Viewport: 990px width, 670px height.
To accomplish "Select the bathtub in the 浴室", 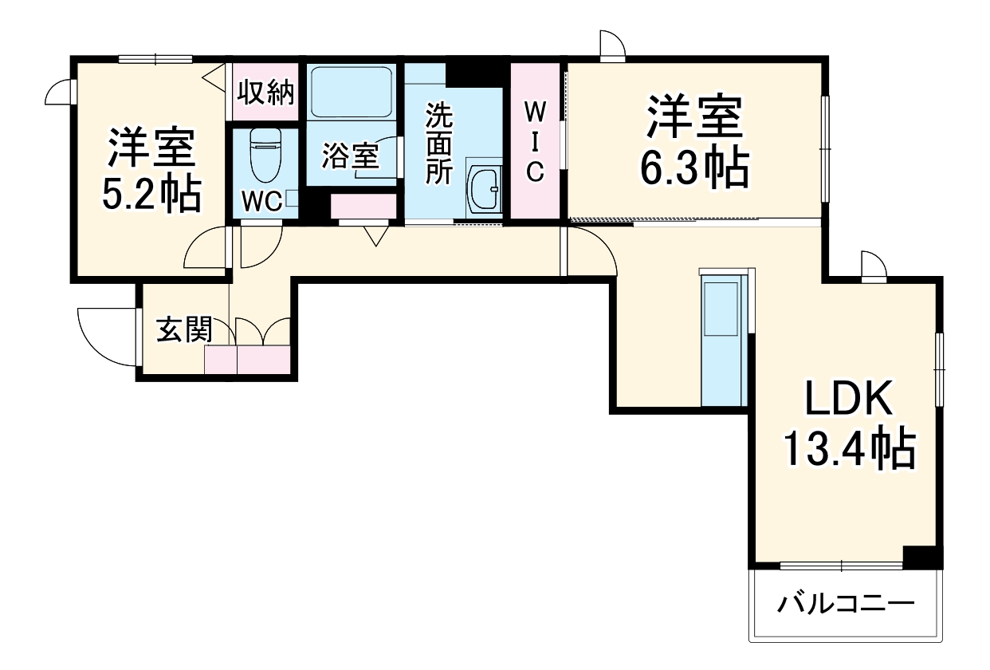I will coord(351,92).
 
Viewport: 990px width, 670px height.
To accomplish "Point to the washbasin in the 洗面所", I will coord(484,190).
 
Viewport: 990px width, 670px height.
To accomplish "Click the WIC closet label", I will coord(534,140).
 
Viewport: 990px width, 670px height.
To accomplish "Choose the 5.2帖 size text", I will coord(151,193).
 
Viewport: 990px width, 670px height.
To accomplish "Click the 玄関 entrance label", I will coord(184,329).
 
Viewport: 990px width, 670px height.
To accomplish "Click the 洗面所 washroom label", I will coord(438,144).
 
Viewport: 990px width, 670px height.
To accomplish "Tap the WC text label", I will coord(261,202).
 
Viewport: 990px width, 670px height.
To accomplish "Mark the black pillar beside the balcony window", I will coord(921,556).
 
